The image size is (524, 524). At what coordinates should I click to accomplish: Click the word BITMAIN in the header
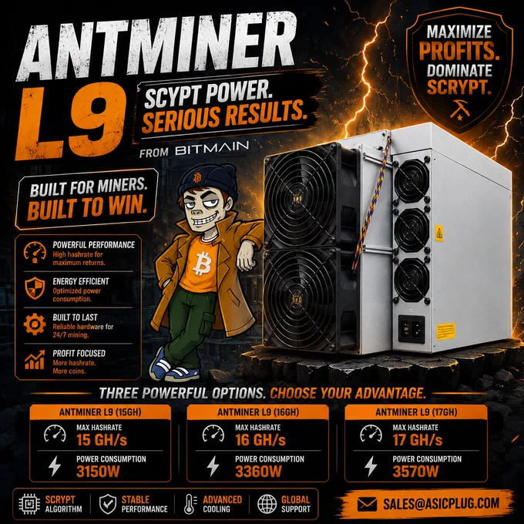212,149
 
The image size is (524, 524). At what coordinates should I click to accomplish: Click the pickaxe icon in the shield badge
459,109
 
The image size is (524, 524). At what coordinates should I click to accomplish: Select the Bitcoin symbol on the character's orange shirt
202,264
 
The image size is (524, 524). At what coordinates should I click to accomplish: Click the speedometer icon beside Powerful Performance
35,252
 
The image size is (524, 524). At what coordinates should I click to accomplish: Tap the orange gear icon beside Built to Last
35,324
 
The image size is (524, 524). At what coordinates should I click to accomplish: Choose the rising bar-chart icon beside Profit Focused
35,360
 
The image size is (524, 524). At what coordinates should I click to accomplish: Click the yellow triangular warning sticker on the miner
438,233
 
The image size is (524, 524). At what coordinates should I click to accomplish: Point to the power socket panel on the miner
411,329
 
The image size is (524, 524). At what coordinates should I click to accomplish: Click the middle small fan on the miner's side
411,230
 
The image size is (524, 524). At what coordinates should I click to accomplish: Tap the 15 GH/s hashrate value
102,440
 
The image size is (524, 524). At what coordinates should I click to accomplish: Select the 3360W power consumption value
258,472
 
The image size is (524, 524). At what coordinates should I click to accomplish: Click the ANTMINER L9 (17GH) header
416,412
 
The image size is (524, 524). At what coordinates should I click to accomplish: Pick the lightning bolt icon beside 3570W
371,466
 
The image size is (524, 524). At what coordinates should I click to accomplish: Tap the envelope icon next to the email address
367,504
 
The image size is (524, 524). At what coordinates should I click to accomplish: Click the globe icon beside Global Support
267,504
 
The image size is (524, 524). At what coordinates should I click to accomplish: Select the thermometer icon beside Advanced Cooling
190,504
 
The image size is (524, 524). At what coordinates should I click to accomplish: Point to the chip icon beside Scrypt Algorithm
29,504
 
